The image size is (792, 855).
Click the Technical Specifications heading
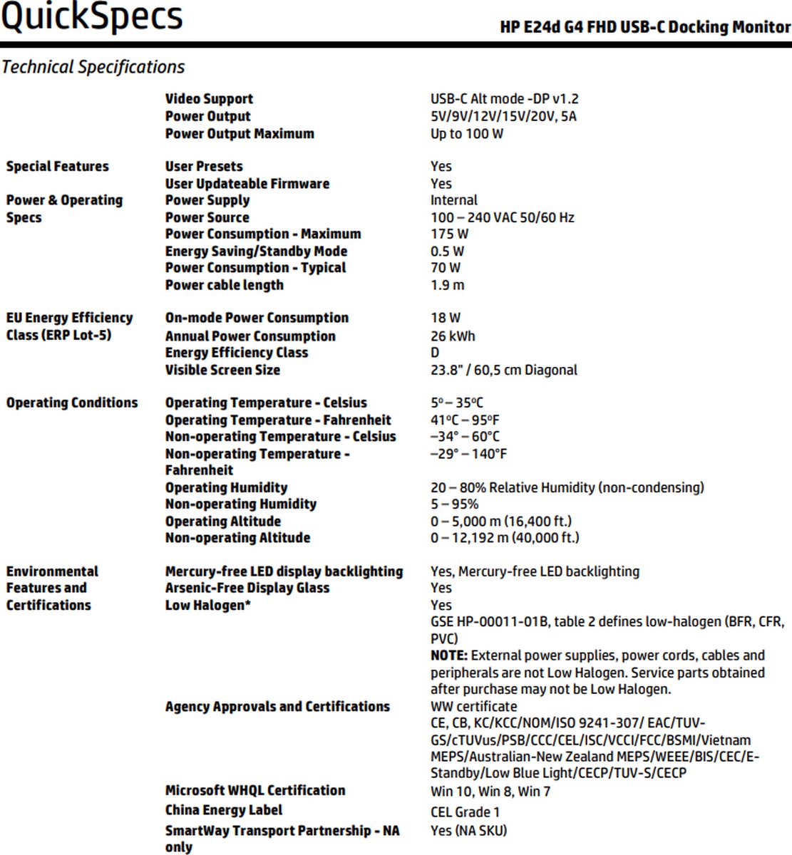click(93, 67)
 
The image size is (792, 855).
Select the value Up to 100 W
click(466, 134)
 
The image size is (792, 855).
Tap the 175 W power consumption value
click(449, 234)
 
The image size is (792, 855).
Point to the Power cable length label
click(224, 285)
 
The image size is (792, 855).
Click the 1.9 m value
click(447, 285)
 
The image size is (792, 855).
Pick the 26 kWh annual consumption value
click(452, 336)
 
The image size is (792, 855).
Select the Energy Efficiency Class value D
click(435, 353)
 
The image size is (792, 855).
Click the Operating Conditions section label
click(72, 403)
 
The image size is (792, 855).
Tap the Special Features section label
click(58, 167)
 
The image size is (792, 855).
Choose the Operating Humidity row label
click(226, 488)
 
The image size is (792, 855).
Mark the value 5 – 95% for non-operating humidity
click(454, 504)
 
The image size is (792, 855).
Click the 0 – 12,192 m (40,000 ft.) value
click(504, 538)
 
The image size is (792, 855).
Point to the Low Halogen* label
click(207, 606)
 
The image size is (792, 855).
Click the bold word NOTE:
click(448, 655)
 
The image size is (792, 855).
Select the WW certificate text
click(473, 707)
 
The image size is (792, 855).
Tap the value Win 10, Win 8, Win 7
click(490, 791)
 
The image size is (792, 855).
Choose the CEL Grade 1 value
click(465, 812)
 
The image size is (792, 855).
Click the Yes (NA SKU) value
click(468, 831)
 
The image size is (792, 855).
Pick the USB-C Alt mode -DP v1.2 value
click(504, 99)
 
